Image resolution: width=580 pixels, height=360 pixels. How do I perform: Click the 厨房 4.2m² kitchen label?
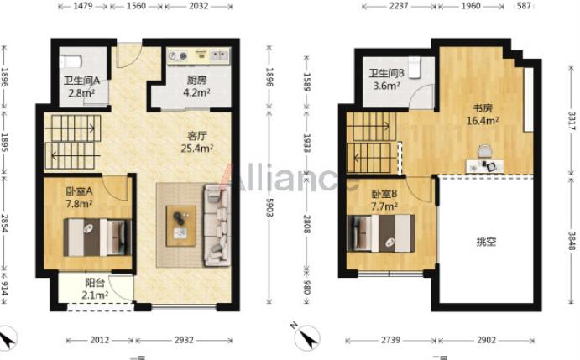[196, 86]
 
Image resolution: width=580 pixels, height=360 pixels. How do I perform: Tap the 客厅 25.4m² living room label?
[196, 142]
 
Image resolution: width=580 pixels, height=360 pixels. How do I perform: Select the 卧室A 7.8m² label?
[79, 197]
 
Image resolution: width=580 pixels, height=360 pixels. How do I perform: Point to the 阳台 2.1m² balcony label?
[95, 289]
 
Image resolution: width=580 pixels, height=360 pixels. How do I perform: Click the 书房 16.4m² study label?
[483, 114]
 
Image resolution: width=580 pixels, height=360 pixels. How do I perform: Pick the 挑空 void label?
[486, 243]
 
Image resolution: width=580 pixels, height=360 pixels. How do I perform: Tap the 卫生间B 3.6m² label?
[386, 79]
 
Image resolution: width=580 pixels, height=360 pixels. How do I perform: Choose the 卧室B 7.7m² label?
[384, 200]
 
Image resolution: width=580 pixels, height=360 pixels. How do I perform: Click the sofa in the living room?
[217, 225]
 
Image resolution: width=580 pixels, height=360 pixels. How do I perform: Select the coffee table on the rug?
[180, 226]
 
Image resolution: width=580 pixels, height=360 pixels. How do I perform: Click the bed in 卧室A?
[97, 237]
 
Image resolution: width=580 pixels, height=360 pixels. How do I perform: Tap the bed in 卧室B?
[381, 233]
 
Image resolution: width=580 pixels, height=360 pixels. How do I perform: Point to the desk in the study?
[485, 165]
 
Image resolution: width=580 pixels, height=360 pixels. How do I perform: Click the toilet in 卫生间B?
[414, 67]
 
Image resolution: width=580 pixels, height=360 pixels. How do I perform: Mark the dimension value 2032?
[199, 6]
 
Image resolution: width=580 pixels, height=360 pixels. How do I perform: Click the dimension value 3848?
[572, 241]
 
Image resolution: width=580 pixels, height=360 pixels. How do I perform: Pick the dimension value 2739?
[390, 340]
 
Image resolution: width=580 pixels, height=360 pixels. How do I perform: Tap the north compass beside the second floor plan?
[307, 337]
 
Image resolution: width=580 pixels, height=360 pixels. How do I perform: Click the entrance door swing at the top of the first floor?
[128, 55]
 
